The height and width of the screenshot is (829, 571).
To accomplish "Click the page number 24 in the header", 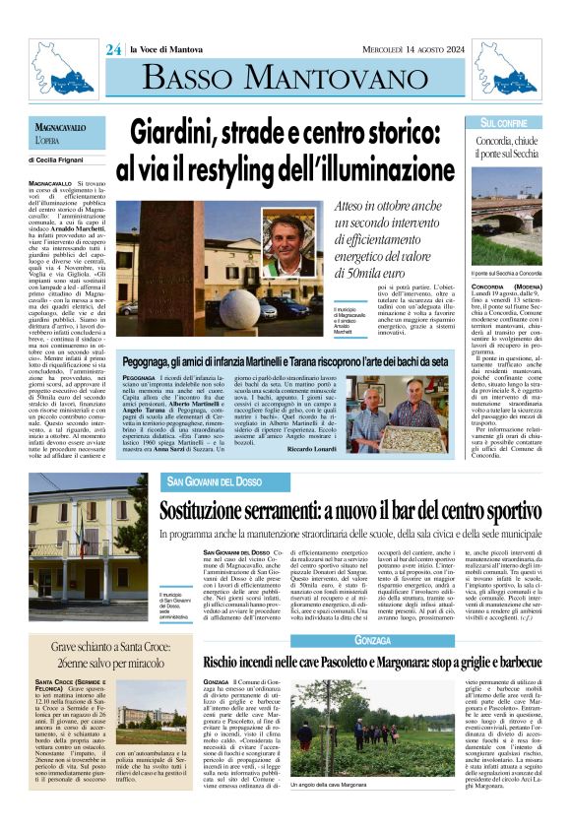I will point(113,48).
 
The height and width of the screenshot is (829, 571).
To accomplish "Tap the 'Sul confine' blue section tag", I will point(504,123).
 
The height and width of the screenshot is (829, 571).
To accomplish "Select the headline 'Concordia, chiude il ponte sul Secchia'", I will point(504,149).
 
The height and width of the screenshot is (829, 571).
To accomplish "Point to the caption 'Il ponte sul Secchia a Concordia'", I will point(504,273).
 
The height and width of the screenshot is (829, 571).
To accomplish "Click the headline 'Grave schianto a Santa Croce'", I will point(91,651).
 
